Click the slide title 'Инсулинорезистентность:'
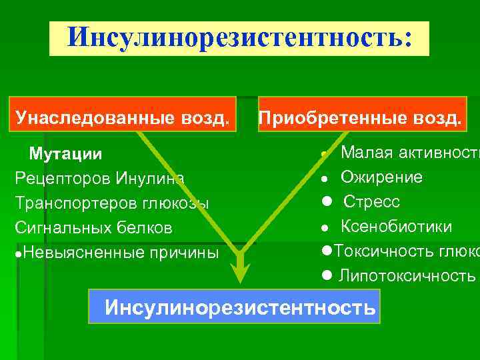tap(239, 37)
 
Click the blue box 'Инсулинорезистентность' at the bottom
tap(235, 307)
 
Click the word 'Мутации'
tap(65, 155)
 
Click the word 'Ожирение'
tap(381, 177)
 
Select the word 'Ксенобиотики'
tap(396, 227)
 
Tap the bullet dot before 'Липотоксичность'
tap(326, 275)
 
